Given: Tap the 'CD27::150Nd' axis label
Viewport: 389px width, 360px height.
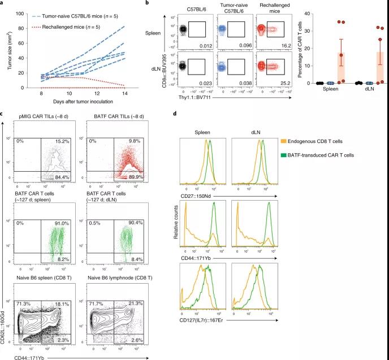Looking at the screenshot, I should [x=198, y=195].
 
